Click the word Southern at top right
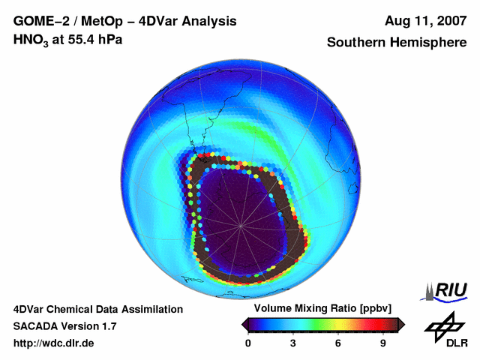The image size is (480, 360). [x=353, y=43]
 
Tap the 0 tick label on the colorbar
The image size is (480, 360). [x=248, y=343]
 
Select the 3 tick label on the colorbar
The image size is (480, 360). [x=293, y=343]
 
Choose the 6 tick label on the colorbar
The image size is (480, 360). [x=338, y=343]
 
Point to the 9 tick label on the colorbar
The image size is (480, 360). [x=382, y=343]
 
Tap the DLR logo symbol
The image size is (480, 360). [x=443, y=325]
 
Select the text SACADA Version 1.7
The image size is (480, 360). [x=64, y=326]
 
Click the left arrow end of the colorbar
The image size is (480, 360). [x=245, y=324]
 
